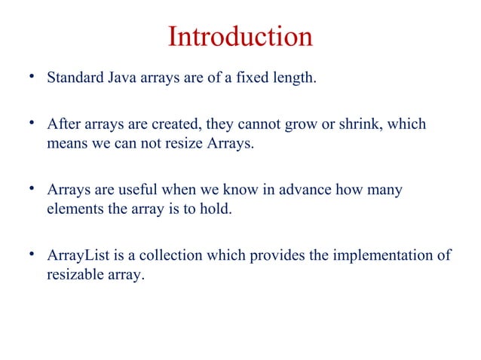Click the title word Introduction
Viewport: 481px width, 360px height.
pos(240,37)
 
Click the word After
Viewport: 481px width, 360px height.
pos(63,124)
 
